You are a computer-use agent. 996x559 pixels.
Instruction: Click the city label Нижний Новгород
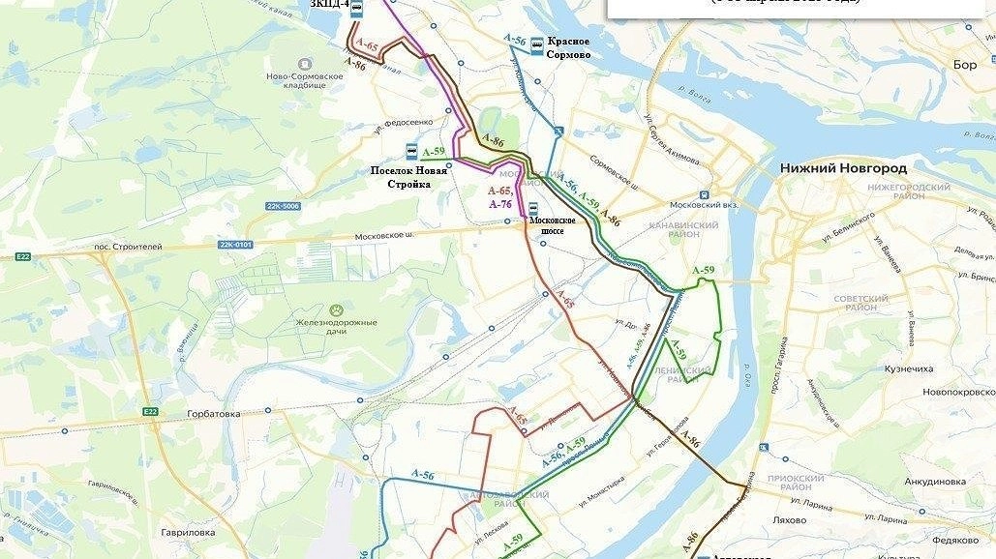pos(843,167)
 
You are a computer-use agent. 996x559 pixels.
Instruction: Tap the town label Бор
pos(965,65)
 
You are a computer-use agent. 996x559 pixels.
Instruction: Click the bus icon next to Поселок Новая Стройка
pos(411,152)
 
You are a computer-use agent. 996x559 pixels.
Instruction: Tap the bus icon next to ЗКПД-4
pos(356,9)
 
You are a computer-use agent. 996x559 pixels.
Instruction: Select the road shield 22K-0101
pos(235,245)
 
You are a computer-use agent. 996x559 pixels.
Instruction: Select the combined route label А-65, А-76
pos(500,197)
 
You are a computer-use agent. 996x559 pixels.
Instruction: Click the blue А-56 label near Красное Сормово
pos(515,40)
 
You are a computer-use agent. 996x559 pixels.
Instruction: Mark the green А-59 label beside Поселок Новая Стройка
pos(433,152)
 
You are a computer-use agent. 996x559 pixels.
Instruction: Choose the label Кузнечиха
pos(909,368)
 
